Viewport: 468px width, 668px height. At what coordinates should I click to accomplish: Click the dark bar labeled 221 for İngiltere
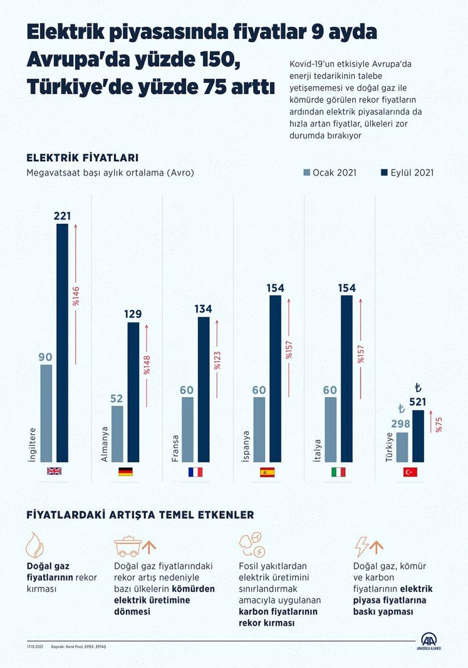62,342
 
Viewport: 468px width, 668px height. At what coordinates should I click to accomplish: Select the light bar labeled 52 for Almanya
117,434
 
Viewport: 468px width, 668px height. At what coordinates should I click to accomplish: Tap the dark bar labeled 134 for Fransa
204,389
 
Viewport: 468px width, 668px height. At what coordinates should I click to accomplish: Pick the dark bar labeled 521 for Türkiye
418,436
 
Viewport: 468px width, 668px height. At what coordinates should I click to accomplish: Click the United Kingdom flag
54,471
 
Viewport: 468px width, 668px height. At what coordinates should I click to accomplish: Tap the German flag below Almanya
125,472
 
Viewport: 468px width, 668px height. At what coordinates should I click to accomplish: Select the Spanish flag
267,472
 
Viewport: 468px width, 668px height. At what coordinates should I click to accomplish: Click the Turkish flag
410,472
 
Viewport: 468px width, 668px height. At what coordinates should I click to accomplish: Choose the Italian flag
338,472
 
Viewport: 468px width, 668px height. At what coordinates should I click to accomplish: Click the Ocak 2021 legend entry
330,173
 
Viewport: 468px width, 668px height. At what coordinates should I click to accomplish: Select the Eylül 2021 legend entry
407,173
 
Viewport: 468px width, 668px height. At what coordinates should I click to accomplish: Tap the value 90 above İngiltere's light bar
46,356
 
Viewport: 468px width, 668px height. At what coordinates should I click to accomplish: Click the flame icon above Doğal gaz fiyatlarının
35,544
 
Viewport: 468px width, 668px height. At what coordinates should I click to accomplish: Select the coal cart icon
128,547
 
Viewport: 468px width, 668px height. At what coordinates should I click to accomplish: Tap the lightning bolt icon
362,547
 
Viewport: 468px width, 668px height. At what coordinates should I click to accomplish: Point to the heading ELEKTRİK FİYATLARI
82,158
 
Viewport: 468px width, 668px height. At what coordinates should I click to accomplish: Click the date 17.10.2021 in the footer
35,647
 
